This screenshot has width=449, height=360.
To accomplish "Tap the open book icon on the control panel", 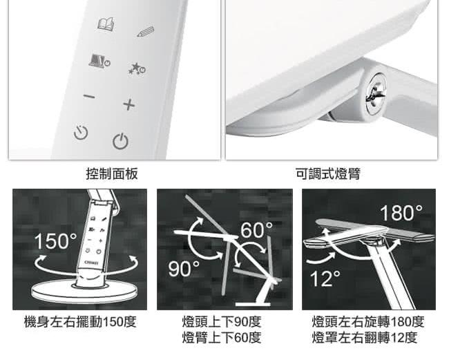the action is (x=106, y=23).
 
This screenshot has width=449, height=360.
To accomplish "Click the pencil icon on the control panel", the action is (x=146, y=32).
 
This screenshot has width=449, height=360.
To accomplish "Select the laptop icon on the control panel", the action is (x=99, y=60).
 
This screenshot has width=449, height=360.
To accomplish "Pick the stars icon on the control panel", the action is (x=137, y=68).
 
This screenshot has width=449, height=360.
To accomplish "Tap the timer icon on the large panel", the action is (x=81, y=132).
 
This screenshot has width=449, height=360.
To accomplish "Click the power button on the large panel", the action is (x=120, y=141).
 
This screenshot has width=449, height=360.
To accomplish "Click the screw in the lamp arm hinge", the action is (x=376, y=95).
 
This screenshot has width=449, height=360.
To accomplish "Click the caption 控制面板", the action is (x=112, y=174).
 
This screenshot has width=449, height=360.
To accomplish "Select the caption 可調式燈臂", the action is (x=328, y=174).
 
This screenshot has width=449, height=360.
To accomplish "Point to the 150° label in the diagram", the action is (x=55, y=241).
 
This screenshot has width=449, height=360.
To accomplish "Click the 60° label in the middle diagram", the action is (x=256, y=230).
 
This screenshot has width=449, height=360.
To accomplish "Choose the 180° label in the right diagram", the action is (x=401, y=213).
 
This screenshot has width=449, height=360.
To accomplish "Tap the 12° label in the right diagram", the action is (x=325, y=278).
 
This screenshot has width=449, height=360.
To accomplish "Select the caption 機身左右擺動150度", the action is (x=80, y=322).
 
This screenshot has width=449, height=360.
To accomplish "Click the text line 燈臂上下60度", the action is (x=222, y=337).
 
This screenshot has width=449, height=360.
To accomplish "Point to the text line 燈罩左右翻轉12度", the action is (x=365, y=337).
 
